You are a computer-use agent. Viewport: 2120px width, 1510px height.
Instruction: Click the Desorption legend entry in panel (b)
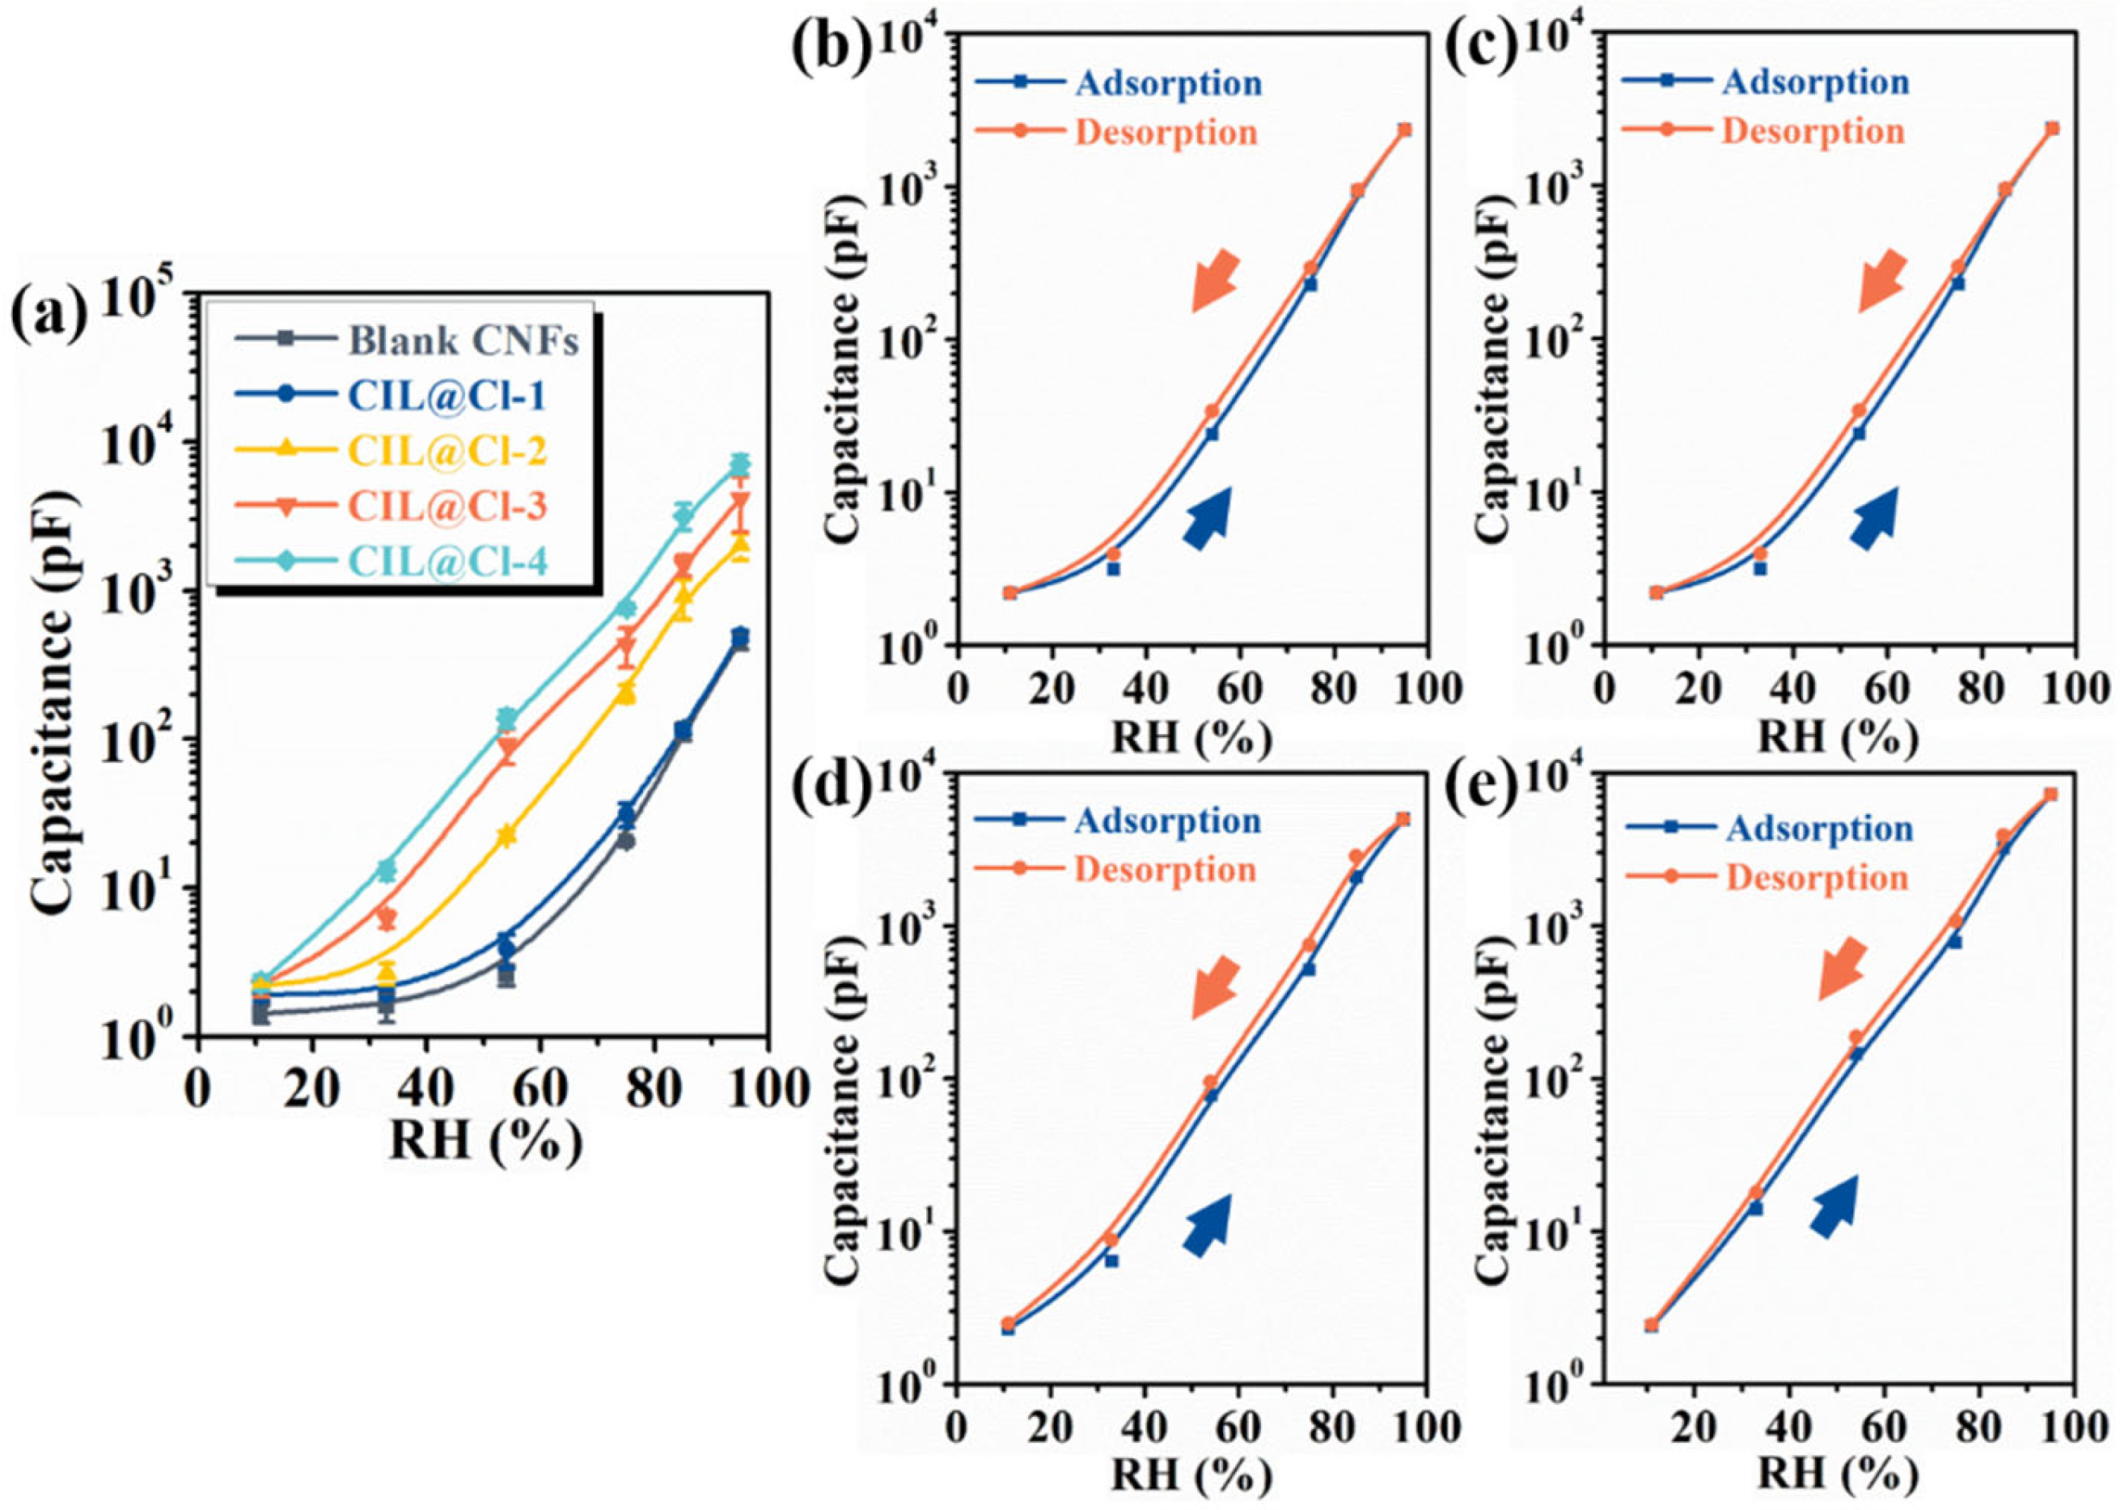(1166, 131)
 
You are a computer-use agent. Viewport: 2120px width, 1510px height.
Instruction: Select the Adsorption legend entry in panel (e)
(1819, 828)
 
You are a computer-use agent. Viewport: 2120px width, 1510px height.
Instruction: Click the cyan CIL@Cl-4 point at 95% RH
(740, 464)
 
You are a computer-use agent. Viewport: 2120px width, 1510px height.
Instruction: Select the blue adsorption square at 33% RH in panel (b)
(1114, 568)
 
